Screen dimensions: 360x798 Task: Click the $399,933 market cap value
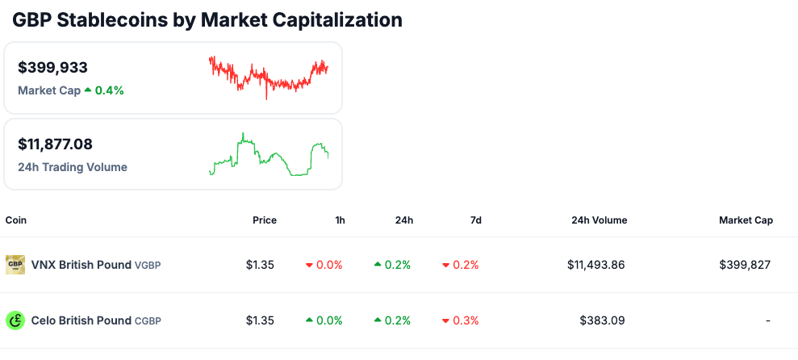click(52, 68)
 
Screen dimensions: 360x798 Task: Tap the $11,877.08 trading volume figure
click(55, 144)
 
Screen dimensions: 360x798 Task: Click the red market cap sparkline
click(268, 77)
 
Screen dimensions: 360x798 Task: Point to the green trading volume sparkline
click(268, 154)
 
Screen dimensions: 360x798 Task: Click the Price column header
click(264, 220)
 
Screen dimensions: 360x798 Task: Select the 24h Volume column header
click(599, 220)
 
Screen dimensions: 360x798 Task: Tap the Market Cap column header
click(746, 220)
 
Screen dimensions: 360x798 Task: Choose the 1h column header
click(340, 220)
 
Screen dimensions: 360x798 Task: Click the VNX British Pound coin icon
click(15, 265)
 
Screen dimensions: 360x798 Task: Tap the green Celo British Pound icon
click(15, 320)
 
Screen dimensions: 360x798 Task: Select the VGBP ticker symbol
click(148, 266)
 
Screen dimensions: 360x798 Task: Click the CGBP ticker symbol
click(148, 321)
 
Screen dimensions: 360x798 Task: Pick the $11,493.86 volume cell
click(595, 265)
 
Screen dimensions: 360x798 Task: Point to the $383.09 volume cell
click(603, 320)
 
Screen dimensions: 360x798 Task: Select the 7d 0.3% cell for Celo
click(461, 320)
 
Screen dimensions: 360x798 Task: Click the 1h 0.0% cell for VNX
click(324, 265)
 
